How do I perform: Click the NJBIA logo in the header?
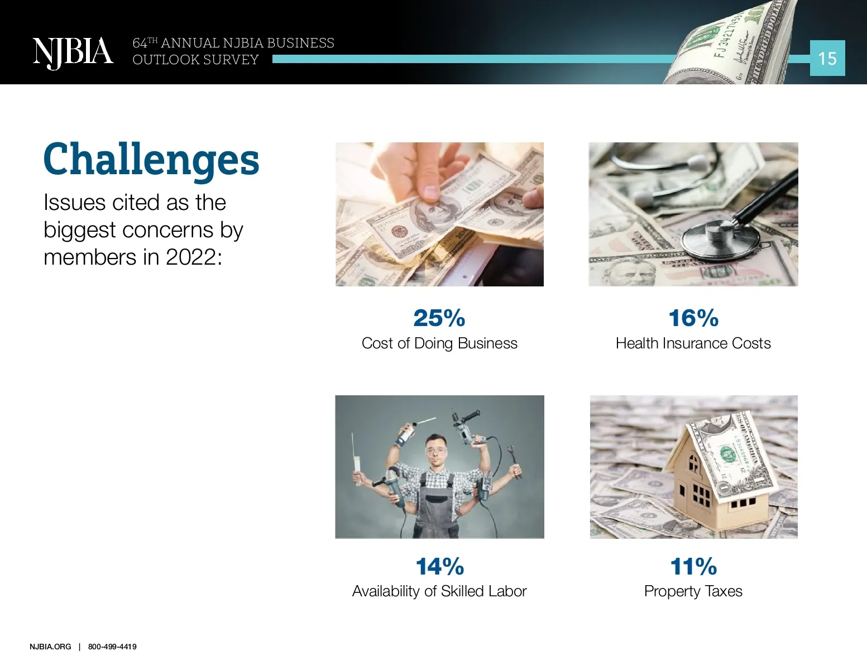pyautogui.click(x=73, y=53)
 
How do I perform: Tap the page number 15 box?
pyautogui.click(x=827, y=58)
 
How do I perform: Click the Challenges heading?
pyautogui.click(x=151, y=160)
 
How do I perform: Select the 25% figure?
pyautogui.click(x=439, y=318)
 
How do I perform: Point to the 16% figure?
pyautogui.click(x=693, y=318)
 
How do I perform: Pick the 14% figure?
pyautogui.click(x=440, y=566)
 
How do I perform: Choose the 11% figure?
pyautogui.click(x=693, y=566)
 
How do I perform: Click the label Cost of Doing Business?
pyautogui.click(x=439, y=343)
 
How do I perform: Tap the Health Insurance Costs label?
pyautogui.click(x=693, y=343)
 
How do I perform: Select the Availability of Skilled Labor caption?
pyautogui.click(x=439, y=591)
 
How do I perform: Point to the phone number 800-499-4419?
pyautogui.click(x=112, y=647)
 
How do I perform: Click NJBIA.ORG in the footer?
pyautogui.click(x=50, y=647)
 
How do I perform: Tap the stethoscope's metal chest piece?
pyautogui.click(x=720, y=240)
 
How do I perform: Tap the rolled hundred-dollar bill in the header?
pyautogui.click(x=730, y=44)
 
